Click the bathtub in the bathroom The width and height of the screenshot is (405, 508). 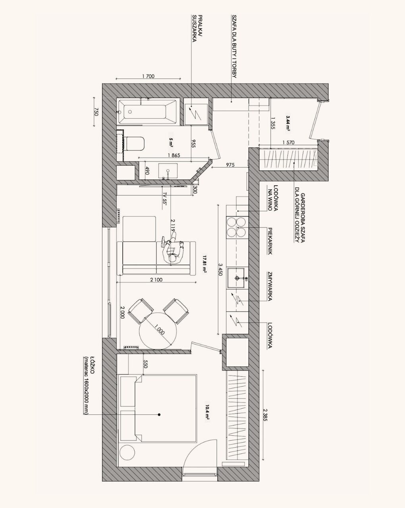pos(147,112)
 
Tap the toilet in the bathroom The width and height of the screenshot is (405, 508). pos(135,143)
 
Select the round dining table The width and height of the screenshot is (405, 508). pos(158,331)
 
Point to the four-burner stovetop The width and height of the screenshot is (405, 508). pos(236,227)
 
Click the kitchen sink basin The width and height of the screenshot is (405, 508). pos(236,278)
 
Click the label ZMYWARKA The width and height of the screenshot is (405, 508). pos(269,286)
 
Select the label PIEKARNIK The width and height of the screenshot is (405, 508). pos(270,241)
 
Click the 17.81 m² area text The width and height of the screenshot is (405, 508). pos(204,264)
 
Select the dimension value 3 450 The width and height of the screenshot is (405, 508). pos(220,269)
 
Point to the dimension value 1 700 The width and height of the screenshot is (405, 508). pos(148,76)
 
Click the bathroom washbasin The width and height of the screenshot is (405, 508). pos(168,170)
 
